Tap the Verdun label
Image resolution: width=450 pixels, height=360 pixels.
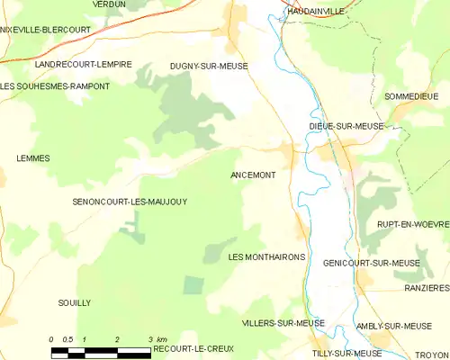click(110, 4)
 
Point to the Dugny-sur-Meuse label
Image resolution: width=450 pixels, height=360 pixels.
click(209, 67)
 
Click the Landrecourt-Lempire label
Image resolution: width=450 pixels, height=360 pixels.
click(83, 65)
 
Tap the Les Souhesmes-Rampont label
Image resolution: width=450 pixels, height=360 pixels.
click(55, 86)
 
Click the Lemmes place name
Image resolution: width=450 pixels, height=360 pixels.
click(33, 158)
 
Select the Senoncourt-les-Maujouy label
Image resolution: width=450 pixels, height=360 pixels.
click(130, 202)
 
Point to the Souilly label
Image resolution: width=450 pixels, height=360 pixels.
click(74, 303)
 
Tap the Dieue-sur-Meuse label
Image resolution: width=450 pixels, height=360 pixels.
click(346, 127)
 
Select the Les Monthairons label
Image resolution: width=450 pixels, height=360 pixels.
click(267, 257)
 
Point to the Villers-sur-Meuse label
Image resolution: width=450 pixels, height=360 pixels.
click(283, 322)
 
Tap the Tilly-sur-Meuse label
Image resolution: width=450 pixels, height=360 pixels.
click(346, 354)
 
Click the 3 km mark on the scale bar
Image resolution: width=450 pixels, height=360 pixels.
click(149, 339)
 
